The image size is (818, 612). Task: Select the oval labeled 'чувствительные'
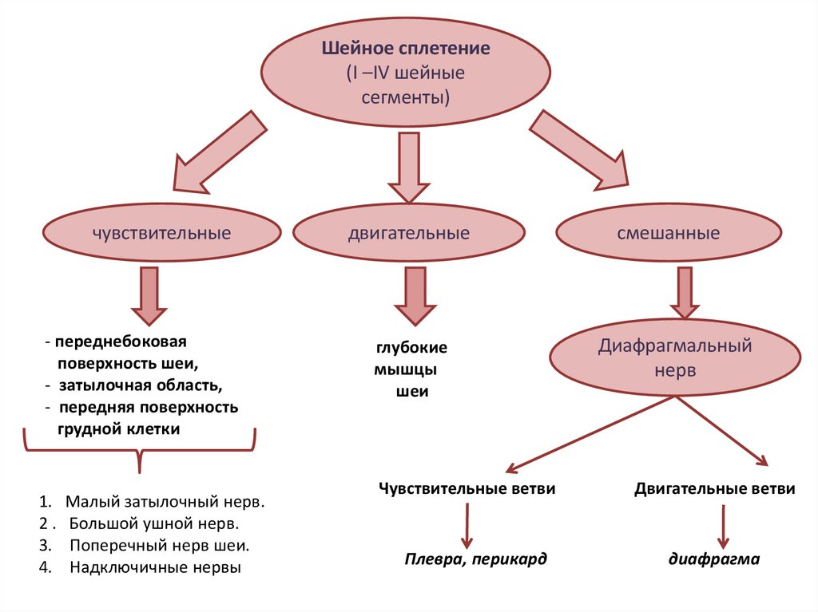coord(161,234)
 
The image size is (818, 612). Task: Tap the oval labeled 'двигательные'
coord(408,234)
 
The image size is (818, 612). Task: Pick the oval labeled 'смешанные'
coord(669,234)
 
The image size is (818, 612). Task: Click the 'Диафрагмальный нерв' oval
coord(676,360)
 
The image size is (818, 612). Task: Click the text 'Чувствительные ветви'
coord(467,488)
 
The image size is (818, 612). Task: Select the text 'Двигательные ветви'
coord(715,488)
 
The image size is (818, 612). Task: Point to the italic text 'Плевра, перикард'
coord(475,559)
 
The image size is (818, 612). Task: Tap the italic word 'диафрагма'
coord(714,559)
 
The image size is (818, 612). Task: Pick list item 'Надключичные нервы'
coord(155,568)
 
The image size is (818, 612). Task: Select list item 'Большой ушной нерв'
coord(153,524)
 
